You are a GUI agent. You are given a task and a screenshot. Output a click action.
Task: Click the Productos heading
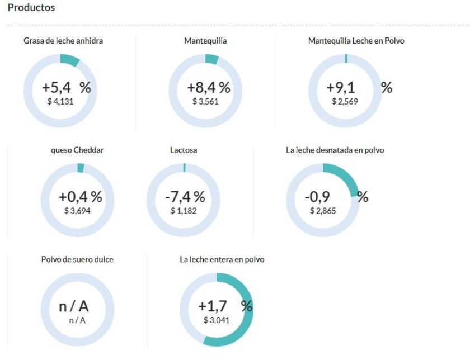[31, 8]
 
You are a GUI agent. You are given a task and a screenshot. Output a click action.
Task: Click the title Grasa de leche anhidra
[63, 41]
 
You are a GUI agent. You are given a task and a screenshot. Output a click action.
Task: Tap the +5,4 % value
[66, 88]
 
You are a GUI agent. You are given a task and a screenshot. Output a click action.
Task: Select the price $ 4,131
[60, 102]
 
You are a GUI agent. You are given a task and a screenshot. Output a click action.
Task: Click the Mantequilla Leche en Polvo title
[356, 41]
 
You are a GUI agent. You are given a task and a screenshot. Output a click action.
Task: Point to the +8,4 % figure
[208, 88]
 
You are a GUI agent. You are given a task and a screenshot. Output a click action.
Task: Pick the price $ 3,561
[205, 102]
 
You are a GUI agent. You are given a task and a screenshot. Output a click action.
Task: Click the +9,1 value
[340, 88]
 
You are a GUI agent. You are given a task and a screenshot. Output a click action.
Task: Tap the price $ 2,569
[345, 102]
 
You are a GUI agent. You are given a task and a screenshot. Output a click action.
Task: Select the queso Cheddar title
[77, 150]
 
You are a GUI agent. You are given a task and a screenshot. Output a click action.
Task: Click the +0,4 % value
[81, 197]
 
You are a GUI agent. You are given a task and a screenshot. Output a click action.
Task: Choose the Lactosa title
[184, 150]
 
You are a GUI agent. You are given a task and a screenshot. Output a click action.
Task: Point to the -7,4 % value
[185, 197]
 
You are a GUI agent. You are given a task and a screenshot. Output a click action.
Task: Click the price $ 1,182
[184, 211]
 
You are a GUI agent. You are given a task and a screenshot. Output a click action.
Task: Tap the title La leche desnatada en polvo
[335, 150]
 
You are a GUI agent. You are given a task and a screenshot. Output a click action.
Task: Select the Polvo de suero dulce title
[77, 260]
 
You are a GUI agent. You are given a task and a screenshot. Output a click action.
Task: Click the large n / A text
[74, 306]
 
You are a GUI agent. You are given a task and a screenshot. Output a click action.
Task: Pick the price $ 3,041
[217, 320]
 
